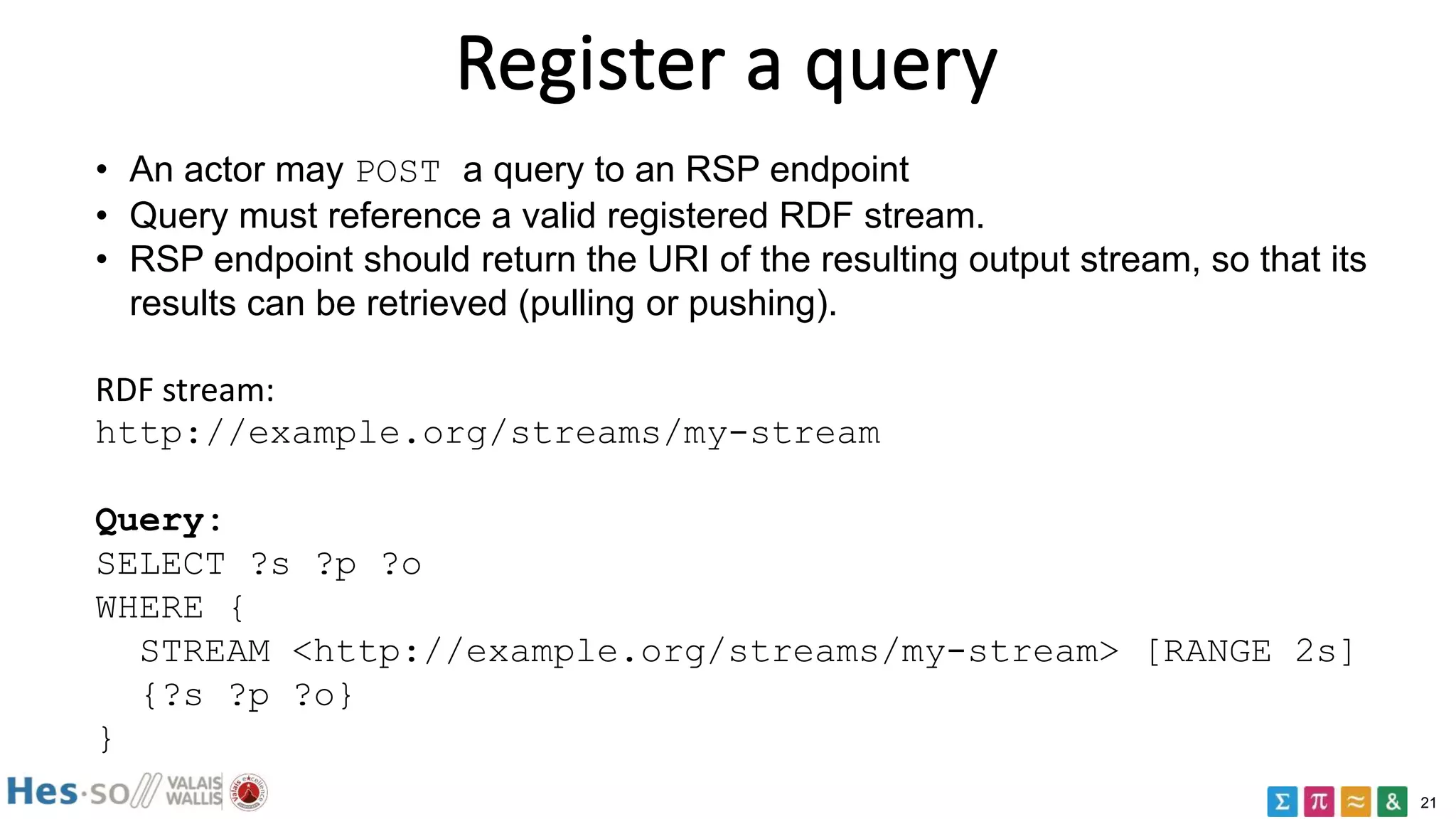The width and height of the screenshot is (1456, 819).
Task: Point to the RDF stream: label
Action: point(185,390)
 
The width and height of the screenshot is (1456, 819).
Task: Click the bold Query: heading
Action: point(158,521)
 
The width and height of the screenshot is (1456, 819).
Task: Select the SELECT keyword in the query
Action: point(161,565)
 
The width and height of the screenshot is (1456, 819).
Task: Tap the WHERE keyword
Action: point(149,609)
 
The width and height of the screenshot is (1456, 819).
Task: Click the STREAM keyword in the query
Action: point(205,652)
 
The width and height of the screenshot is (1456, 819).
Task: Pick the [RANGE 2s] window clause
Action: point(1250,652)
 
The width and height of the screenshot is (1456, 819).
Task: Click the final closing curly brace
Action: point(106,739)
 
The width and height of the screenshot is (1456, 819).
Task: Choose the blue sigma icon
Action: point(1282,802)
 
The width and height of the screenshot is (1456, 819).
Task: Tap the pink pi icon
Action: point(1319,802)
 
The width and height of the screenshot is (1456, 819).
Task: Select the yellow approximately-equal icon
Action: point(1356,802)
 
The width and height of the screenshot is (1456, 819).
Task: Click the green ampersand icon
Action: point(1392,802)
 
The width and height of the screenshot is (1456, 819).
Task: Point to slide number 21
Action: point(1428,803)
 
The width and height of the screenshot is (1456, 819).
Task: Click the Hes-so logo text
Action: point(68,792)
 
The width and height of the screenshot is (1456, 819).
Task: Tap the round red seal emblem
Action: point(248,792)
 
